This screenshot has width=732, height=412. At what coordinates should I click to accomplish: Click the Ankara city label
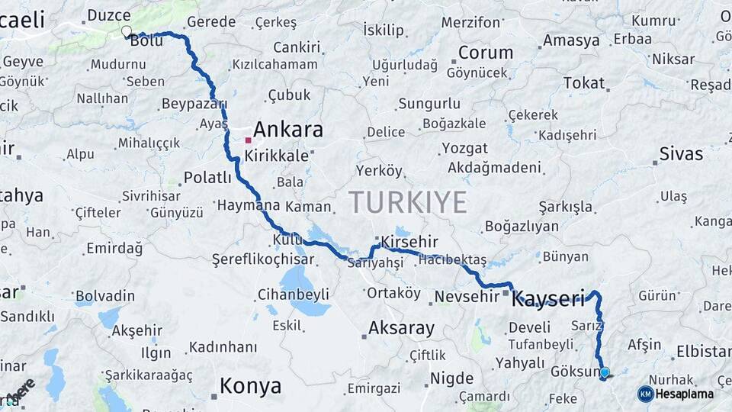click(288, 129)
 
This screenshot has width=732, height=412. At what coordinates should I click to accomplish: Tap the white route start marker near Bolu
click(126, 31)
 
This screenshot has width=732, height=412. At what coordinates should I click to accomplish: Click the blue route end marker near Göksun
click(605, 373)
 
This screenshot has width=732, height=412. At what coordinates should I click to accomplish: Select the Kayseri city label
click(547, 298)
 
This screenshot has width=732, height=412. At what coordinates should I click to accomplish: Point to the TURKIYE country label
click(407, 202)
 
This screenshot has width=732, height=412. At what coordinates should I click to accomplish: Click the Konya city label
click(250, 387)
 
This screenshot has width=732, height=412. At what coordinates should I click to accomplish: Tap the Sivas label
click(681, 154)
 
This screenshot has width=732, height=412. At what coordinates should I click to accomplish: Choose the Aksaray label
click(401, 329)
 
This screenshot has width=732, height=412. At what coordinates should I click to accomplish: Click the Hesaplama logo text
click(684, 394)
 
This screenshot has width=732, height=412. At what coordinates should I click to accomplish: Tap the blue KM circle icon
click(645, 394)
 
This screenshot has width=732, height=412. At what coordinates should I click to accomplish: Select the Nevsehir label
click(465, 296)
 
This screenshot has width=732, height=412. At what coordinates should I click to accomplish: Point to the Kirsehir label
click(410, 241)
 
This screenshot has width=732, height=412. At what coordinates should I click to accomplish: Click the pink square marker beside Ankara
click(248, 140)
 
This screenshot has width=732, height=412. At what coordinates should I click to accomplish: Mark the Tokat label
click(583, 82)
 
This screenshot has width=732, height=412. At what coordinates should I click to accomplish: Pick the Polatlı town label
click(207, 178)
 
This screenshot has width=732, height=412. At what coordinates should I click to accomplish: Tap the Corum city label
click(486, 53)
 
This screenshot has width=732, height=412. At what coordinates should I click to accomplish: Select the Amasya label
click(571, 40)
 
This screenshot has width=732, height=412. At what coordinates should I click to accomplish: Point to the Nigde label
click(451, 378)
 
